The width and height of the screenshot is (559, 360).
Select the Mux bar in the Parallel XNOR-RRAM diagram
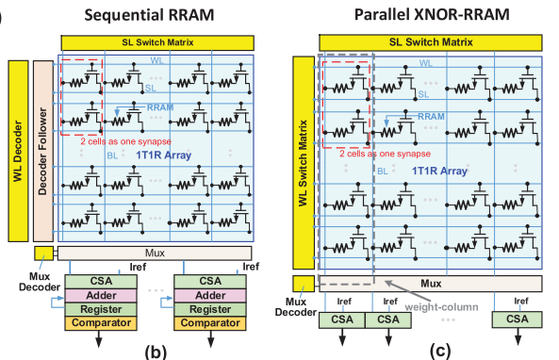(431, 282)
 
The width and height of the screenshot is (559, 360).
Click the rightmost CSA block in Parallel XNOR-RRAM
(518, 319)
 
